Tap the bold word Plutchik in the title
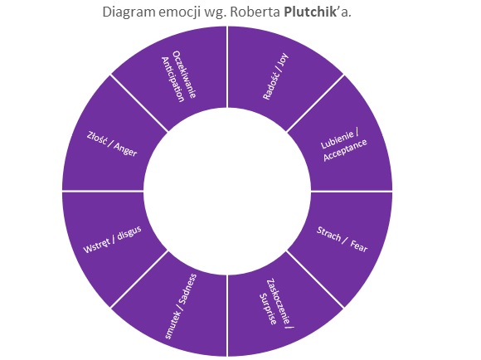[310, 12]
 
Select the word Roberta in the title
[255, 12]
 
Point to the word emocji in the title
[179, 12]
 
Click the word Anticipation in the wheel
[173, 80]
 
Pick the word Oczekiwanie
[184, 75]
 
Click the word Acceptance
[345, 150]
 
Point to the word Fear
[359, 246]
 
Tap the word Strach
[328, 234]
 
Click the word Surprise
[268, 309]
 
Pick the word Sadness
[187, 289]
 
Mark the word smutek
[172, 325]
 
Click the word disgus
[129, 233]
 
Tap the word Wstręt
[97, 246]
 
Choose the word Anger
[125, 149]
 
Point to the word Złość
[97, 138]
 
